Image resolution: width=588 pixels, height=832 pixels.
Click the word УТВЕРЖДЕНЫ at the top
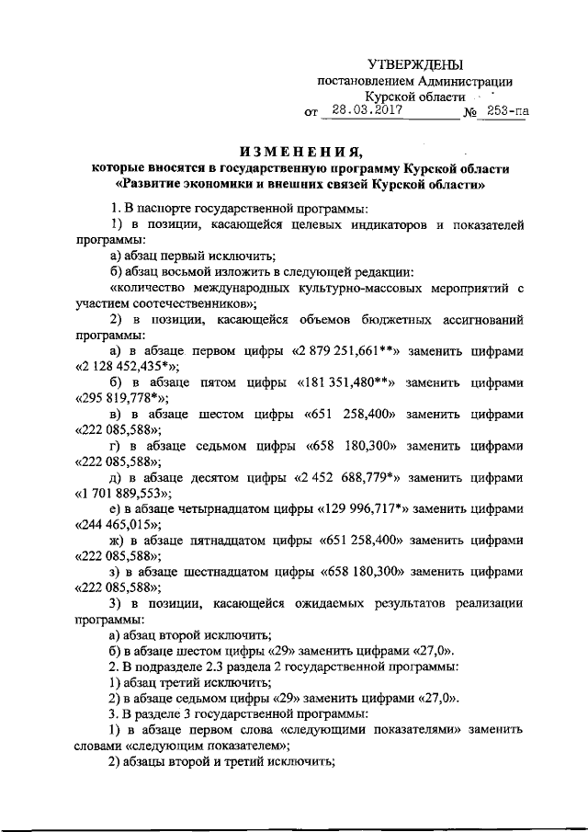(415, 63)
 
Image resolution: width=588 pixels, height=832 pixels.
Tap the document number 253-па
(507, 113)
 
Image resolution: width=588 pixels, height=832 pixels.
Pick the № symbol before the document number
(470, 114)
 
